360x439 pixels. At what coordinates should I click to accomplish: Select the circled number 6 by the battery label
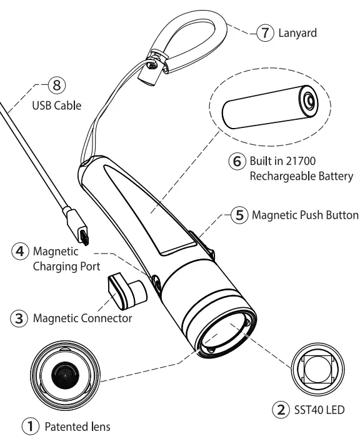point(235,161)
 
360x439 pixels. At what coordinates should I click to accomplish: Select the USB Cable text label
point(57,106)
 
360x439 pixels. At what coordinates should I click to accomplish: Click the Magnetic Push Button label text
point(305,215)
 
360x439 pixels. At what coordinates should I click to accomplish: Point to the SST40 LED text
point(318,412)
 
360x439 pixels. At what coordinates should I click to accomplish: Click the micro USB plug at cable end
point(84,235)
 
